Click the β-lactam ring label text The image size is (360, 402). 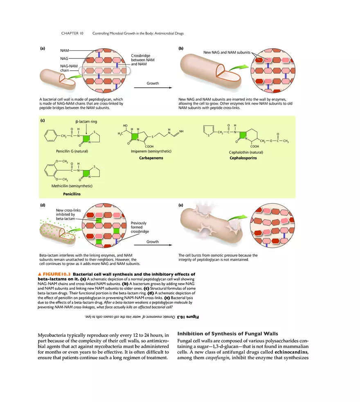click(86, 121)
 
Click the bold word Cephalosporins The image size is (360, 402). click(243, 158)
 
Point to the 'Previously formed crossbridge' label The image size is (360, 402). click(138, 227)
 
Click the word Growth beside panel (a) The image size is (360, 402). click(153, 83)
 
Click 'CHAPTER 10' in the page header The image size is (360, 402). click(72, 33)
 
